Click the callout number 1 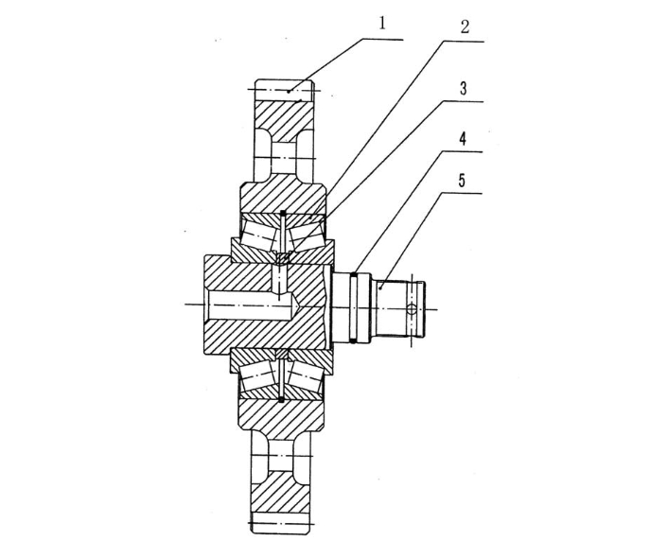point(382,24)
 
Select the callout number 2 point(465,26)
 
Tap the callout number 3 point(464,88)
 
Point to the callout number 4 point(463,139)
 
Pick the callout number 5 point(463,181)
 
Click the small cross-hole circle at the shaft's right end point(411,309)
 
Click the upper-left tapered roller point(258,235)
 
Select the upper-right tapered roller point(306,235)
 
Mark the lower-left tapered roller point(257,377)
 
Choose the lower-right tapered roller point(306,377)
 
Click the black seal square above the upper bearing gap point(282,214)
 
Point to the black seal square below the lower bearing point(282,399)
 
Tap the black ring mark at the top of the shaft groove point(355,273)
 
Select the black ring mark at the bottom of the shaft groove point(354,340)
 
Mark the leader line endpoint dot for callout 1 point(289,91)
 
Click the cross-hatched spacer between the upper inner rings point(282,258)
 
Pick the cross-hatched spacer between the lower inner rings point(282,355)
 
